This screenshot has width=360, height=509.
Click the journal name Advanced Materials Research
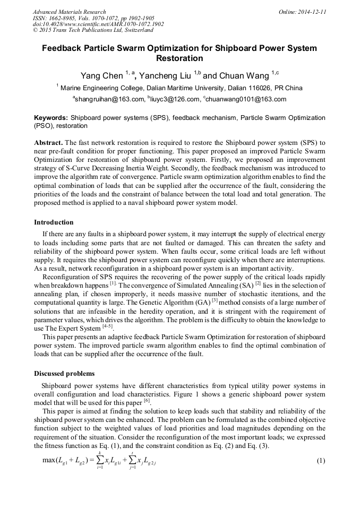(x=69, y=12)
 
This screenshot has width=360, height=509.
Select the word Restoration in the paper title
(x=179, y=58)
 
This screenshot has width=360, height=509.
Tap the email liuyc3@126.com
(x=173, y=99)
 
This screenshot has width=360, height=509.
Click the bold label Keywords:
(x=51, y=117)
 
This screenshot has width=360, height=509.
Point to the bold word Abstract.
(x=48, y=143)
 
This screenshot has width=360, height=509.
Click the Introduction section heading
(x=54, y=222)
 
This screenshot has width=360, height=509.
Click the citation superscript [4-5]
(x=109, y=326)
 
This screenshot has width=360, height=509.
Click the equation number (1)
(x=320, y=460)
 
